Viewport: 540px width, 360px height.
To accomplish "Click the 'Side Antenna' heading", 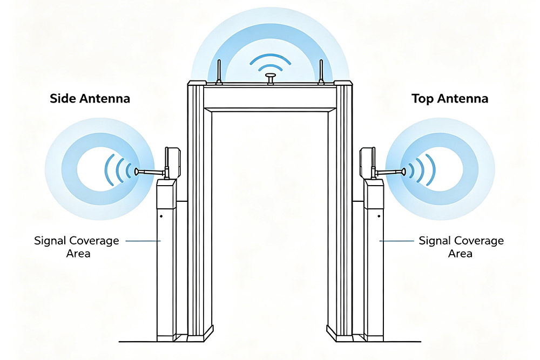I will click(x=90, y=99).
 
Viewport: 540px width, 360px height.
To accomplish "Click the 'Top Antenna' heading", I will click(x=449, y=99).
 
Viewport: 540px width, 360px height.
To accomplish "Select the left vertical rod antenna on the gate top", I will click(x=219, y=72).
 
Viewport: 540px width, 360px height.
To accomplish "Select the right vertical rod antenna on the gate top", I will click(x=321, y=72).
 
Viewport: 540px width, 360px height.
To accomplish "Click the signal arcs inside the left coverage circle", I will click(x=119, y=169).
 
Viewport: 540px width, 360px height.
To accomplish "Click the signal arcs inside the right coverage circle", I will click(x=421, y=169).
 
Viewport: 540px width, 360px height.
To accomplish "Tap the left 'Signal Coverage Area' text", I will click(x=76, y=246).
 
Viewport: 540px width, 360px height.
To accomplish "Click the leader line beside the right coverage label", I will click(x=396, y=241).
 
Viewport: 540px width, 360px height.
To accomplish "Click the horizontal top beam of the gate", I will click(x=269, y=98).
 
